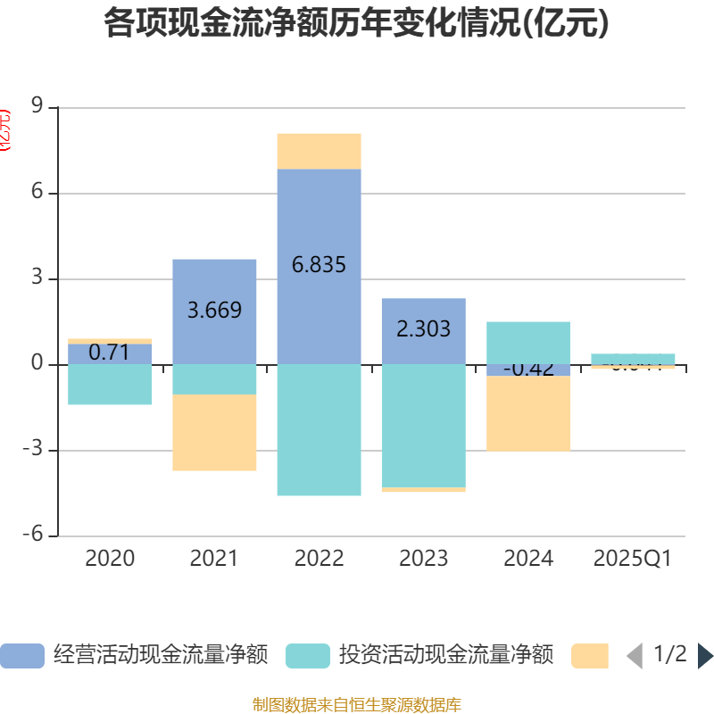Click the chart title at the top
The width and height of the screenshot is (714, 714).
tap(356, 24)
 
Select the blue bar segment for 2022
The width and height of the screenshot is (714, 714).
tap(319, 223)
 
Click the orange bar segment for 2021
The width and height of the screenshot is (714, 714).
tap(214, 433)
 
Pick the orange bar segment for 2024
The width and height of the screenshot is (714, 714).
tap(528, 414)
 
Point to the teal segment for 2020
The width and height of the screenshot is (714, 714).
tap(110, 385)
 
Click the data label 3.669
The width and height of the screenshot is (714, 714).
tap(214, 311)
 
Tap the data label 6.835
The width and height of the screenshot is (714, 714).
tap(319, 265)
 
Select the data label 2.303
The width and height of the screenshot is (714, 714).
tap(423, 328)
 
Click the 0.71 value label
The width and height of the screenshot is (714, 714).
tap(110, 353)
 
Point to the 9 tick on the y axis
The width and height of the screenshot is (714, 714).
tap(37, 107)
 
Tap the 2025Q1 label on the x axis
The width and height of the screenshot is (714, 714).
tap(632, 559)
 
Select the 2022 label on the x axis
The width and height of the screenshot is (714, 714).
tap(319, 559)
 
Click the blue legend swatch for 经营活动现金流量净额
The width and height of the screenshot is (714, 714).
tap(21, 656)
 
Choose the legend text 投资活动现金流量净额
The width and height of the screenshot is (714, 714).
tap(445, 656)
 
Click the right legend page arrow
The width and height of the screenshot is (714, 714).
tap(705, 656)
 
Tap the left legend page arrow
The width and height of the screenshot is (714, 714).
tap(635, 656)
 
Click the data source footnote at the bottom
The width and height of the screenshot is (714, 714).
tap(356, 705)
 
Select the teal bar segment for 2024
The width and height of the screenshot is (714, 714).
tap(528, 343)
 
